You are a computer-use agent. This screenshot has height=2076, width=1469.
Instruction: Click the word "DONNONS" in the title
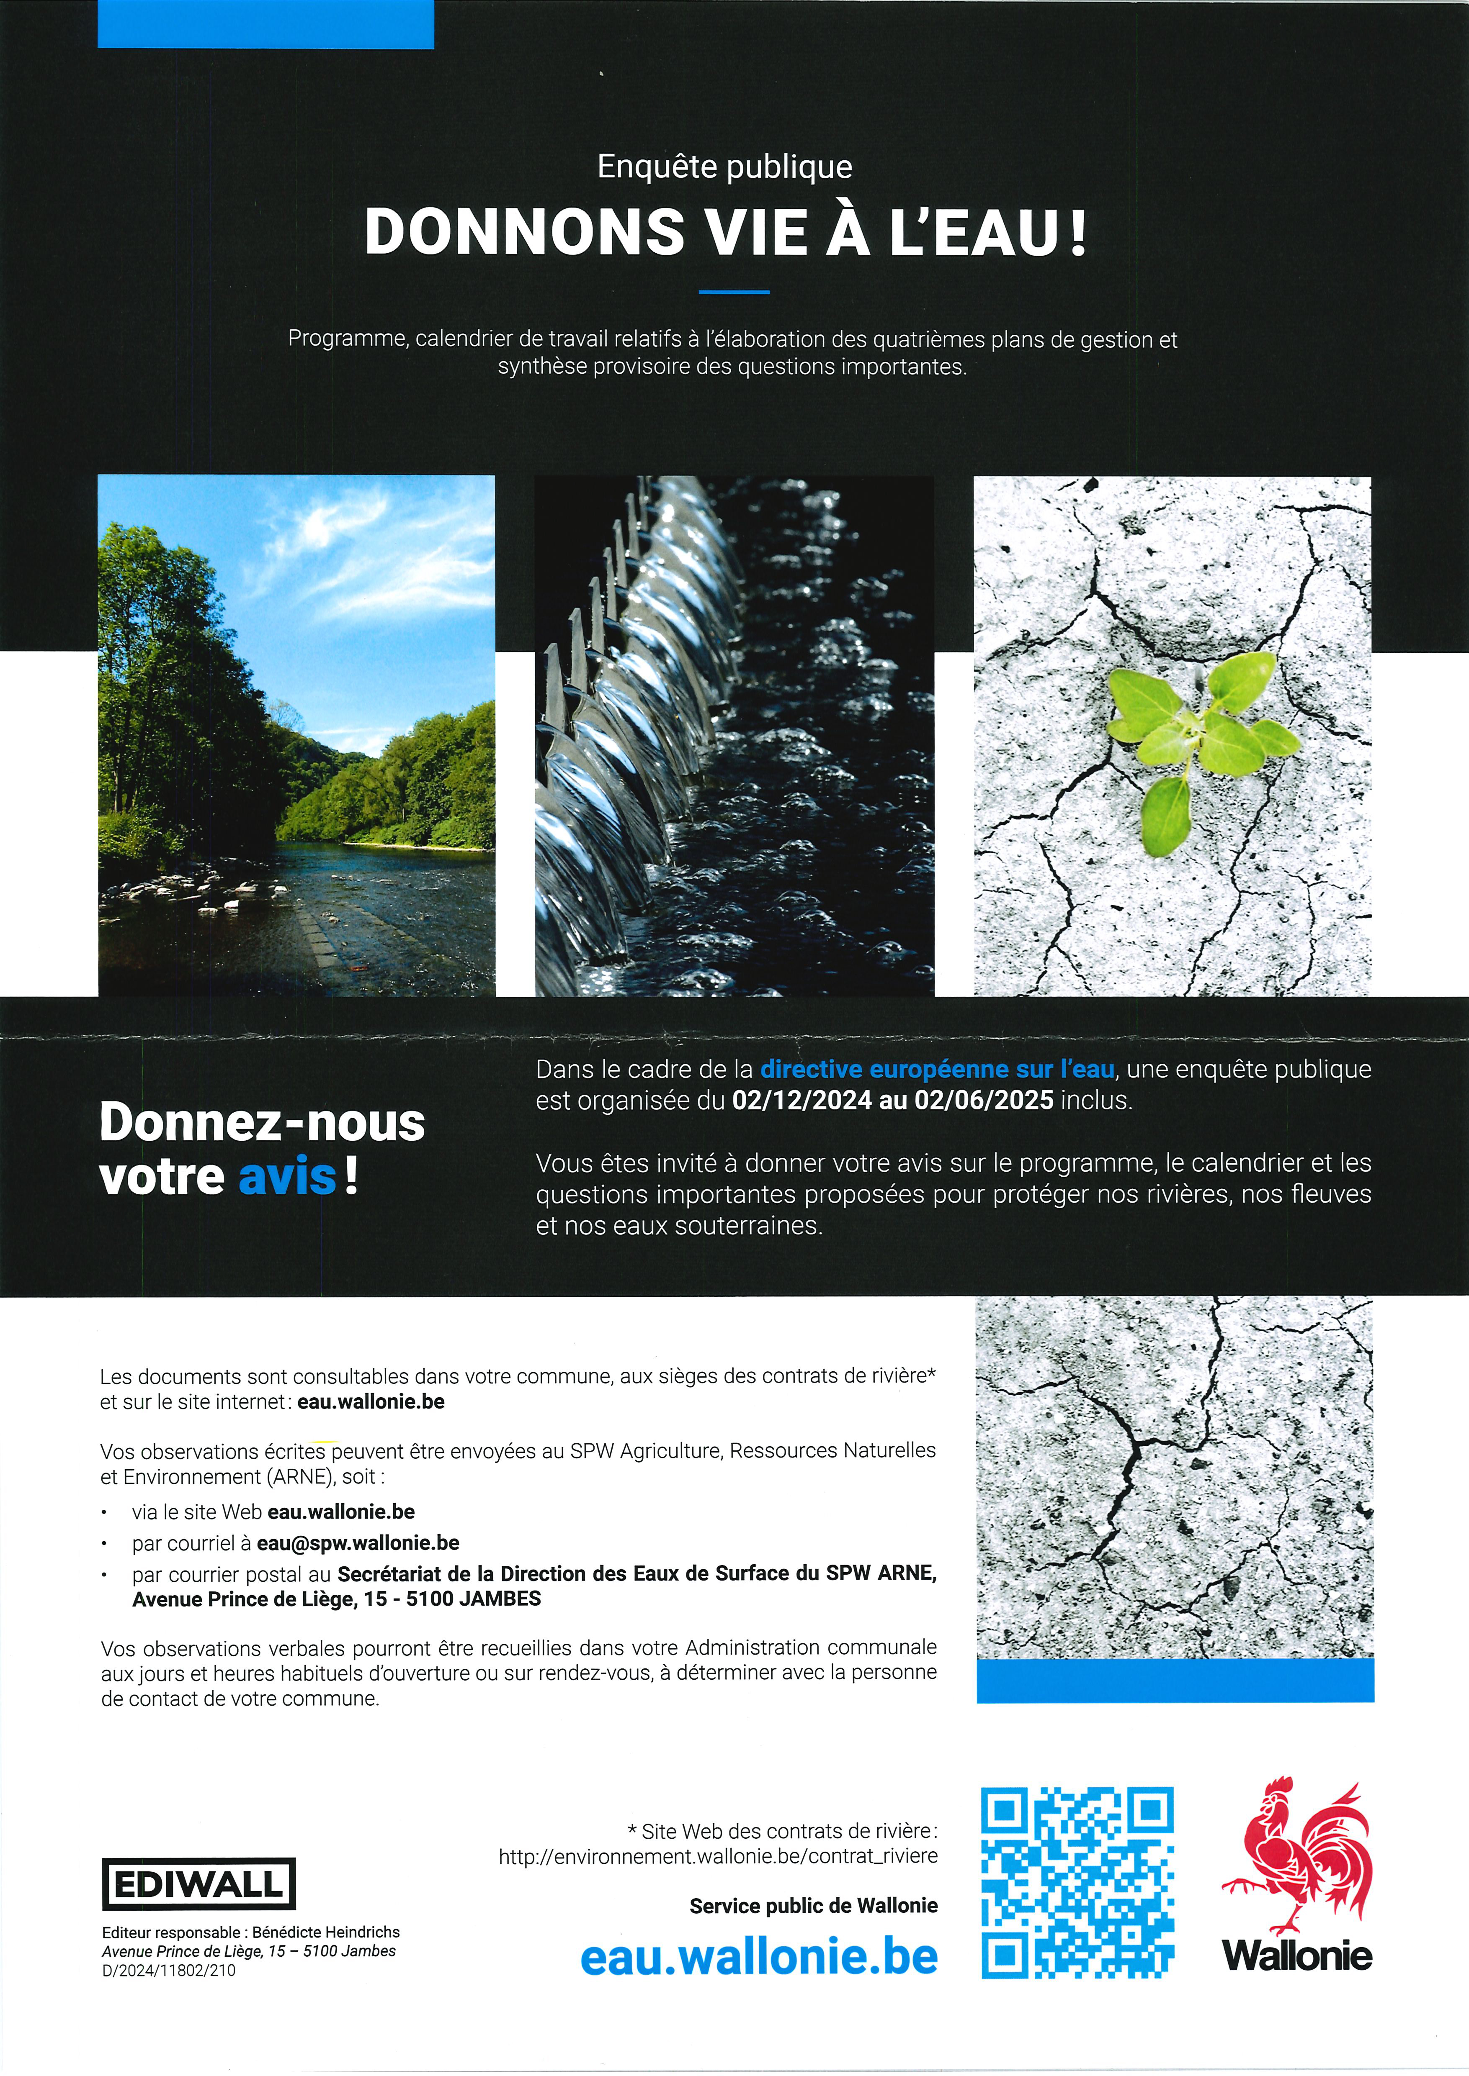point(525,232)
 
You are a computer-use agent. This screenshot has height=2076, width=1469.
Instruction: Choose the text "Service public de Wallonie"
point(813,1906)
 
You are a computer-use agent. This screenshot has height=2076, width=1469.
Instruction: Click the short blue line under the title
point(734,292)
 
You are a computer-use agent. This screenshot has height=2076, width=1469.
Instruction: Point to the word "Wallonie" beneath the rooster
point(1296,1956)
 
